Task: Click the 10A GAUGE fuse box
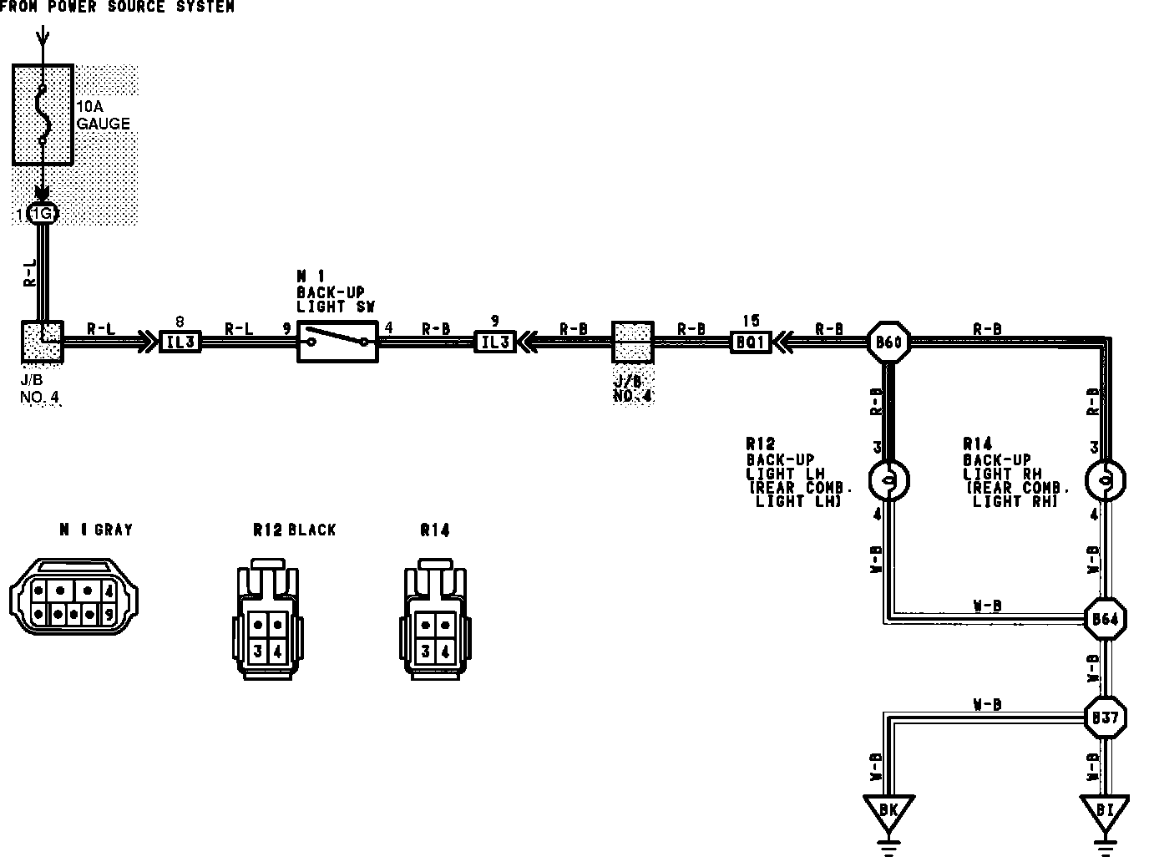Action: point(43,114)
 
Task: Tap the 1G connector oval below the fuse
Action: point(43,214)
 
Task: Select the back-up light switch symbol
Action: point(337,341)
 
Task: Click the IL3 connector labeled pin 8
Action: point(180,341)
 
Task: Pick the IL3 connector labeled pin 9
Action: point(495,341)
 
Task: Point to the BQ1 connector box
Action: point(751,341)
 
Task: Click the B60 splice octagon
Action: point(889,341)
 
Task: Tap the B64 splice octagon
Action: point(1105,619)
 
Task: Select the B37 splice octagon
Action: point(1105,718)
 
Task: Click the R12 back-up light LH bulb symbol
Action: point(889,480)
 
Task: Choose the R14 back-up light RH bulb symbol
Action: point(1105,480)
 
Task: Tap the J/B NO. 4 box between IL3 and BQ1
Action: point(633,342)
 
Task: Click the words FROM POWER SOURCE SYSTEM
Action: point(117,7)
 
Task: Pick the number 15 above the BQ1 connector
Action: point(751,320)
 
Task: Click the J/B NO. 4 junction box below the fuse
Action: point(42,341)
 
